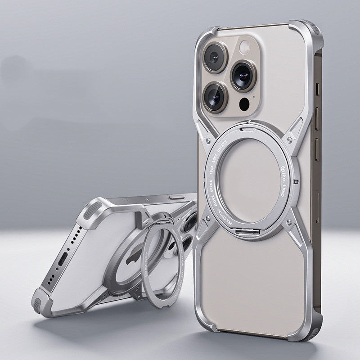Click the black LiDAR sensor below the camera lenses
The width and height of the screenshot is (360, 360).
244,105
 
